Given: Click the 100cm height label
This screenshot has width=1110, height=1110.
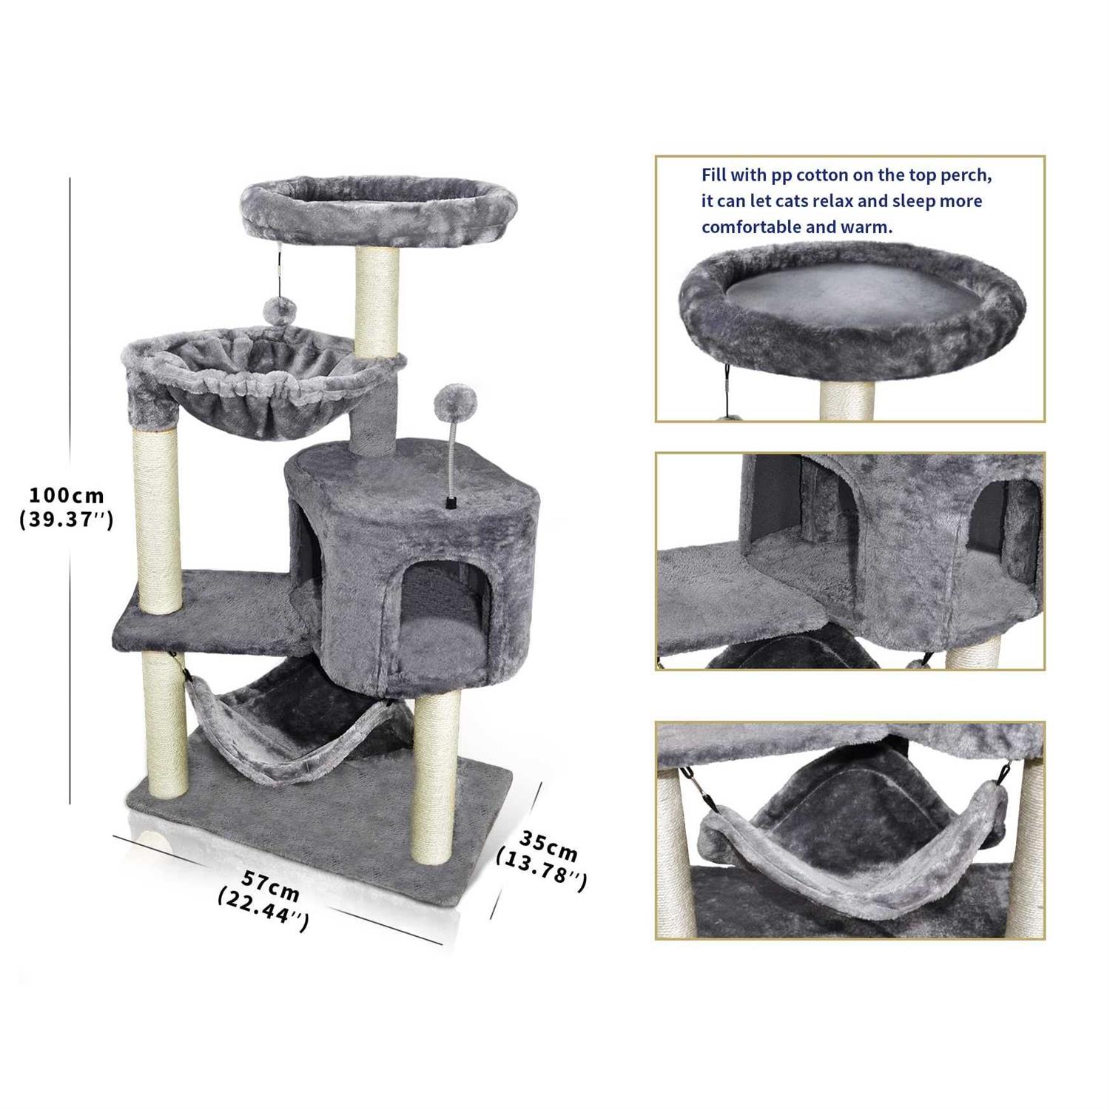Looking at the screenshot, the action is click(x=67, y=494).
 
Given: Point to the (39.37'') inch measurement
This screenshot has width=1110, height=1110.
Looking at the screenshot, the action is click(x=67, y=520).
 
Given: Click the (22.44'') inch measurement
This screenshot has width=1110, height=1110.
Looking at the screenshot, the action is click(x=263, y=911).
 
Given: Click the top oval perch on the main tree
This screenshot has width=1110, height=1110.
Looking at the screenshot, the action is click(x=377, y=210).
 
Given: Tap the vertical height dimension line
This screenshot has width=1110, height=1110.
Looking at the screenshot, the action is click(x=70, y=490).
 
